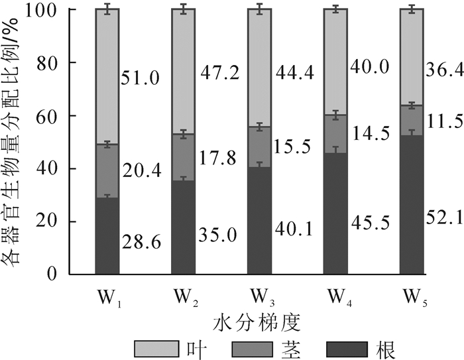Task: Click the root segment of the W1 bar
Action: pos(107,235)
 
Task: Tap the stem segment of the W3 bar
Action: pos(260,147)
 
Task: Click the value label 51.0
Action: pos(141,78)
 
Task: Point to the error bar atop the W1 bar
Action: pos(107,9)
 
